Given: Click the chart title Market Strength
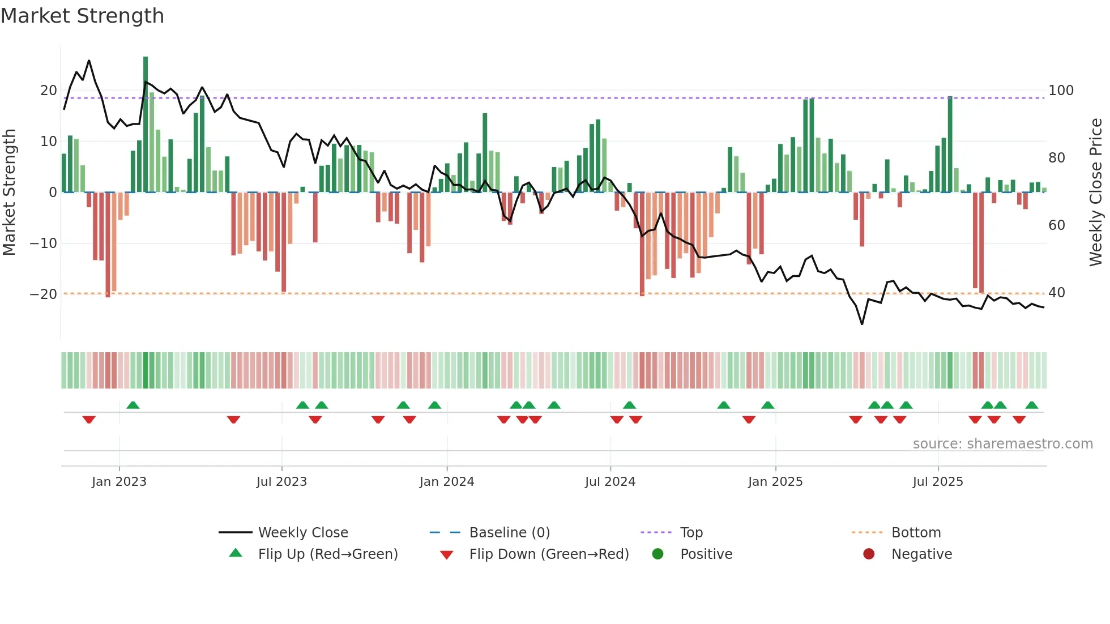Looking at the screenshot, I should point(82,16).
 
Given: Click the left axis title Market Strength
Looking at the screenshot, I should point(9,192).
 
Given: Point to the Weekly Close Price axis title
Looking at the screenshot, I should point(1096,192).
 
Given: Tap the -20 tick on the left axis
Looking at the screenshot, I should point(44,294).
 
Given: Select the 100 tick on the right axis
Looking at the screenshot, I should point(1061,91).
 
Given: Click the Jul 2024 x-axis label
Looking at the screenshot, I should point(610,482).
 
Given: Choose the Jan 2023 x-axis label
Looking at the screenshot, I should point(119,482).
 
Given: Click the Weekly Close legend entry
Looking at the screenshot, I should point(303,533).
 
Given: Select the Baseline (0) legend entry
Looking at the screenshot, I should point(509,533).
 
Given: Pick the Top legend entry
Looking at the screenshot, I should point(691,533).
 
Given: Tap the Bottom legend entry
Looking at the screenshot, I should point(916,533).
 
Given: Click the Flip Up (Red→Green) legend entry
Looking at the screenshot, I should point(327,554).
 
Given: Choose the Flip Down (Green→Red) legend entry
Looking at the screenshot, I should point(549,554).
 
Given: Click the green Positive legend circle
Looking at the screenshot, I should point(658,554).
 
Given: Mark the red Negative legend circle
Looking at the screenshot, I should point(869,554).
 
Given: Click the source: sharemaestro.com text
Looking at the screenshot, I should point(1002,444).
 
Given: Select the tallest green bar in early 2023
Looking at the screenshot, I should point(146,125).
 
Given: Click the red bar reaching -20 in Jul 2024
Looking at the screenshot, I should point(642,243).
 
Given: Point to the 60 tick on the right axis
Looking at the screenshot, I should point(1057,225).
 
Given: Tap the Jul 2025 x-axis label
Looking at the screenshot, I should point(937,482).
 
